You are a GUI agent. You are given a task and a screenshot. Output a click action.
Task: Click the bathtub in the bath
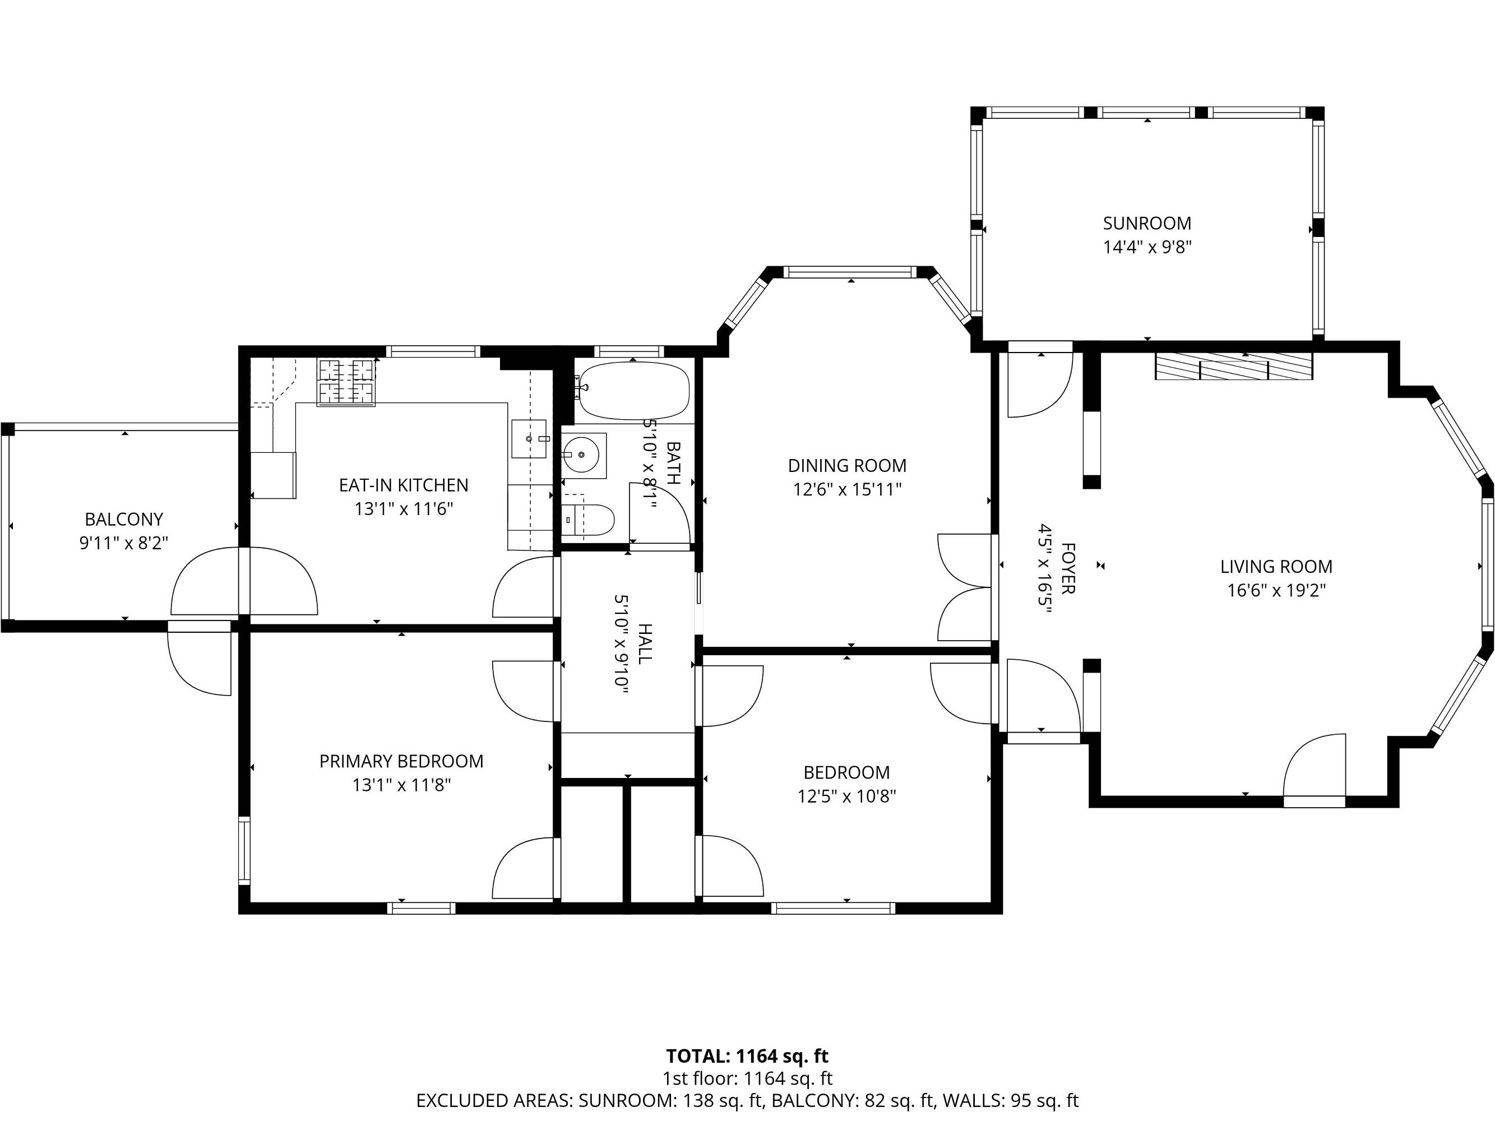click(x=634, y=391)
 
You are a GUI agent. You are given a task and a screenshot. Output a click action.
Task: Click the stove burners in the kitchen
click(x=347, y=382)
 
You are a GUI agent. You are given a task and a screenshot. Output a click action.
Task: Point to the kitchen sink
click(x=529, y=438)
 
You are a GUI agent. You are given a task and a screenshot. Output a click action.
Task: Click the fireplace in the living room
click(x=1233, y=365)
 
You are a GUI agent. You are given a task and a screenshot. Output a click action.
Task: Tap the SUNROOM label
click(x=1147, y=223)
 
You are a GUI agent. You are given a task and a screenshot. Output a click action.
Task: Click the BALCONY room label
click(x=124, y=519)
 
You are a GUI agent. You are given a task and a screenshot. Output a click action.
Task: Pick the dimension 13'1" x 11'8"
click(x=401, y=785)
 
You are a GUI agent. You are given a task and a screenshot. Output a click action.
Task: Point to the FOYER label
click(x=1067, y=568)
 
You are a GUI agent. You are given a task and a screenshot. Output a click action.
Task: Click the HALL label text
click(x=645, y=642)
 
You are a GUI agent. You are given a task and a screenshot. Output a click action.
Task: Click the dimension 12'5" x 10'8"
click(x=846, y=796)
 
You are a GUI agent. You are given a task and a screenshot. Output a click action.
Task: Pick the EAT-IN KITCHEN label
click(x=404, y=485)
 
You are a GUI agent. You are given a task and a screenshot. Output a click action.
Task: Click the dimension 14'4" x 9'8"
click(x=1147, y=247)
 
